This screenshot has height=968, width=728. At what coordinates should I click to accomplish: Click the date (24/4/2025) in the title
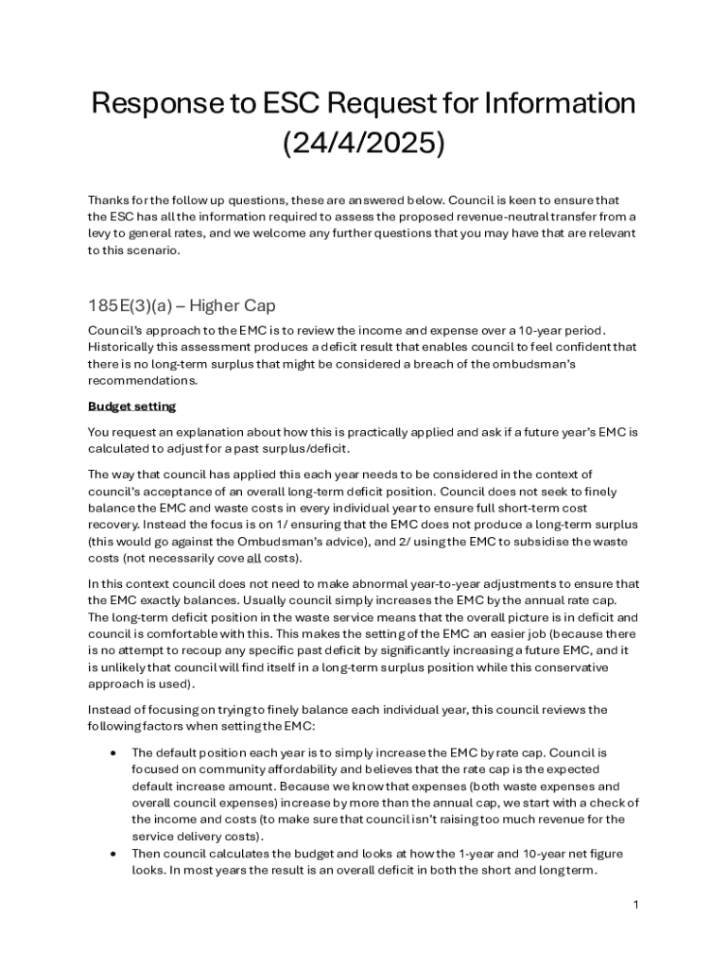(363, 144)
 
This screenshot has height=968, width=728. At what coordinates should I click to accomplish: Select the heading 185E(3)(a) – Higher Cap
(182, 306)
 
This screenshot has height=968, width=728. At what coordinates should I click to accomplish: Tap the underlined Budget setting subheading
(131, 406)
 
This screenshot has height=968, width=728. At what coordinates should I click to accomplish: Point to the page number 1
(636, 905)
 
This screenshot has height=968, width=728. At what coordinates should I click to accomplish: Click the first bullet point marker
(113, 752)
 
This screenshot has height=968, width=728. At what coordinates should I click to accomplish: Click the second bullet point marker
(113, 854)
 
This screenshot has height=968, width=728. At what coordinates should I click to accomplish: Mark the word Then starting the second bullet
(148, 854)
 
